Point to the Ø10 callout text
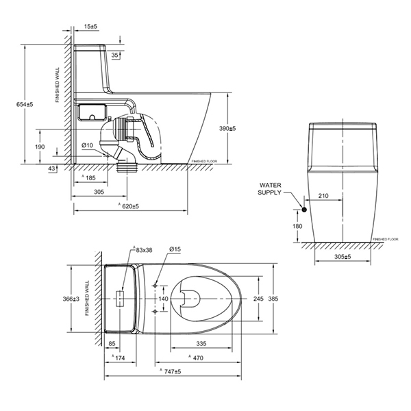tap(87, 145)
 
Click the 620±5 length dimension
tap(131, 206)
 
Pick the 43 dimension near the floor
tap(53, 169)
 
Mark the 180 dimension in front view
tap(297, 226)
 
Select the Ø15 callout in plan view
tap(175, 251)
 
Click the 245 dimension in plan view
tap(258, 299)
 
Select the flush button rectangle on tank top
tap(121, 299)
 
